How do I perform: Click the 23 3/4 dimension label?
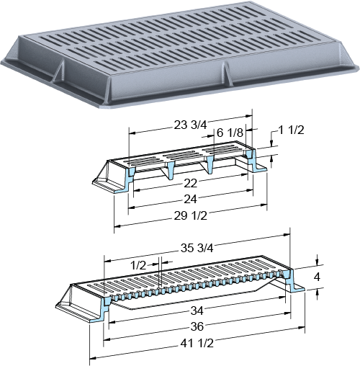click(x=190, y=125)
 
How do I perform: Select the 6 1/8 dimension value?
click(x=230, y=133)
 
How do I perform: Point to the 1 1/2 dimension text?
click(x=291, y=130)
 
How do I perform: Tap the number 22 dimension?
click(x=191, y=184)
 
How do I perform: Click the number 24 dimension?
click(x=190, y=199)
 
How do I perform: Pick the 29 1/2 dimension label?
click(x=190, y=216)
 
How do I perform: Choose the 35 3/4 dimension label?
click(x=197, y=248)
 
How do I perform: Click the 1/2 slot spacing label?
click(x=138, y=265)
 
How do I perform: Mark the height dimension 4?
click(x=317, y=277)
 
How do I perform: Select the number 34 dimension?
click(x=197, y=311)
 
